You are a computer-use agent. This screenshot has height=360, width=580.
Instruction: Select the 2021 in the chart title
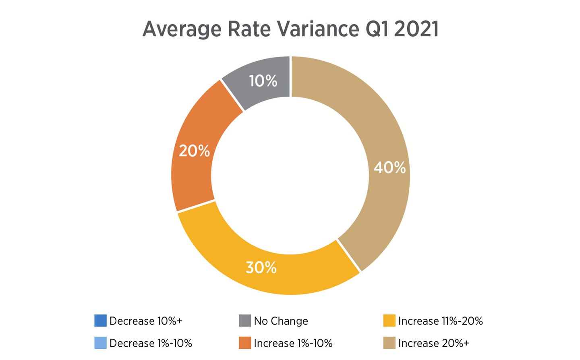(x=416, y=29)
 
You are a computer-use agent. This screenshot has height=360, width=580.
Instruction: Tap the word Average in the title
(x=182, y=29)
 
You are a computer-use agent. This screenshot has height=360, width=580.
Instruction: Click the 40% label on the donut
(x=389, y=168)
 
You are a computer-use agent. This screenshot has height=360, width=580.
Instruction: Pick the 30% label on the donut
(x=261, y=267)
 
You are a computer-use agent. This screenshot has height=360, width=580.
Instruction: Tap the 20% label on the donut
(x=194, y=151)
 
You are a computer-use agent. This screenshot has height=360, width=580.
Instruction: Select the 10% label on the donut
(x=263, y=81)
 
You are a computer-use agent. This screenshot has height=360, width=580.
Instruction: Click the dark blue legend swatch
(x=100, y=321)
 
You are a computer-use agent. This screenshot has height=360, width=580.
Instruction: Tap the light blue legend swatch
(x=100, y=343)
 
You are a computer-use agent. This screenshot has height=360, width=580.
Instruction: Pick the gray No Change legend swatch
(x=245, y=321)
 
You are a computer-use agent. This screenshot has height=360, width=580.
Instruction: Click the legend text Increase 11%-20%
(x=440, y=321)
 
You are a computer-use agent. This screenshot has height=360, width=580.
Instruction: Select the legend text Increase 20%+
(x=433, y=343)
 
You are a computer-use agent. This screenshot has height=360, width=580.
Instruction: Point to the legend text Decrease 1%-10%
(x=151, y=343)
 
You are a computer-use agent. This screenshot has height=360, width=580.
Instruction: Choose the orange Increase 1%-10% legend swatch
(x=245, y=343)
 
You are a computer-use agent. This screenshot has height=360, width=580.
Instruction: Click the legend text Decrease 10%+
(x=146, y=321)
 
